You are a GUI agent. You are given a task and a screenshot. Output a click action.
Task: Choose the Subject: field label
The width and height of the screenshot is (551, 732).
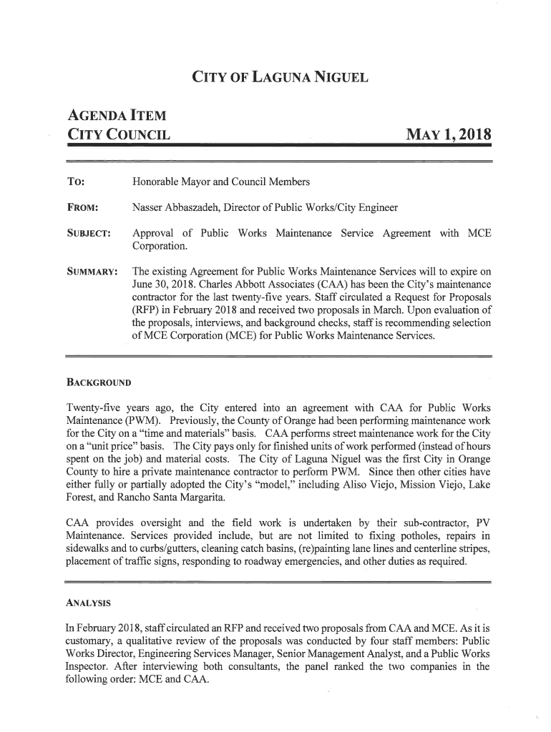89,234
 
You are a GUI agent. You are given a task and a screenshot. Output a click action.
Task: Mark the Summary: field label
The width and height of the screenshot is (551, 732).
92,272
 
